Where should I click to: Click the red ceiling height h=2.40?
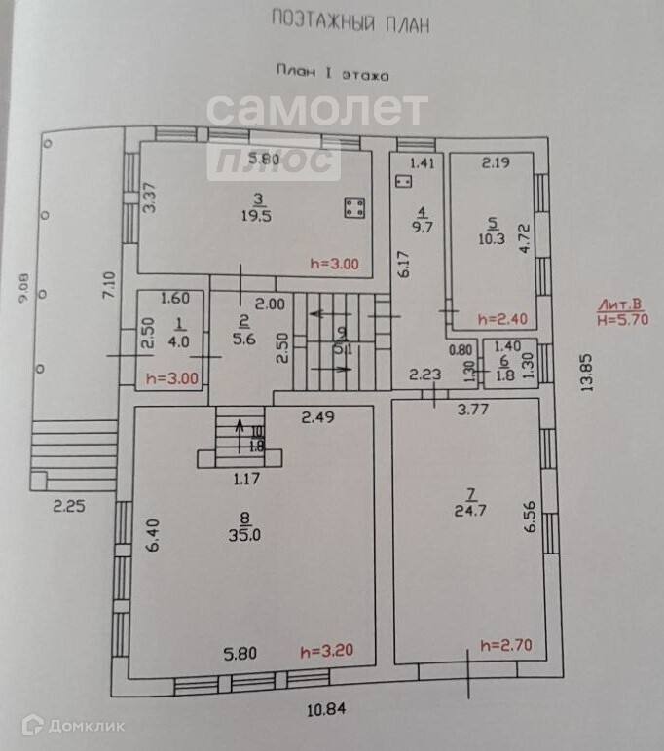[501, 319]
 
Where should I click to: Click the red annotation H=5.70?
[625, 318]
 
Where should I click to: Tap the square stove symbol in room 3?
[354, 207]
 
